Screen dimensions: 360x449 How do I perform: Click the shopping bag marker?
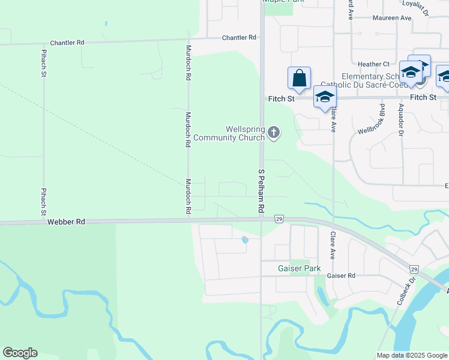coord(299,79)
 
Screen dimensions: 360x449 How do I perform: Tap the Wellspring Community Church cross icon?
coord(274,132)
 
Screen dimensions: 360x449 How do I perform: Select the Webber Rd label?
coord(67,222)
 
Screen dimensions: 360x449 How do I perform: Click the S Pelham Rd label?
coord(261,191)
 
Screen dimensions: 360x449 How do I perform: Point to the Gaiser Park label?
coord(298,269)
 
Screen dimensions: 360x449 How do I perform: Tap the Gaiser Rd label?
coord(342,275)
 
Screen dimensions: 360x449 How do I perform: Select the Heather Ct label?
coord(373,64)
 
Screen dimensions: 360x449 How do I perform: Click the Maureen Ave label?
coord(392,18)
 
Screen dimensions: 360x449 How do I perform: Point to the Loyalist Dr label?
coord(415,8)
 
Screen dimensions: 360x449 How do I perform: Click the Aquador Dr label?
coord(401,119)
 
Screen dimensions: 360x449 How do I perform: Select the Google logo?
coord(20,353)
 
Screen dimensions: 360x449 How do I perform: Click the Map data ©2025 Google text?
coord(411,355)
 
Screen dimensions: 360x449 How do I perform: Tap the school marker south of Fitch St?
coord(325,97)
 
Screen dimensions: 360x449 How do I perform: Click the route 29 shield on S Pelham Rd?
coord(279,219)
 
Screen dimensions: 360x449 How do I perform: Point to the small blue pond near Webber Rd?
coord(244,240)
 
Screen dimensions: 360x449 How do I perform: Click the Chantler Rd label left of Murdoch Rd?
coord(67,43)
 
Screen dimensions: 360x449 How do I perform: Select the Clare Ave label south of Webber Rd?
coord(331,242)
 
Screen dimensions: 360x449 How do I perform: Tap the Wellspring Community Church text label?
coord(245,133)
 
